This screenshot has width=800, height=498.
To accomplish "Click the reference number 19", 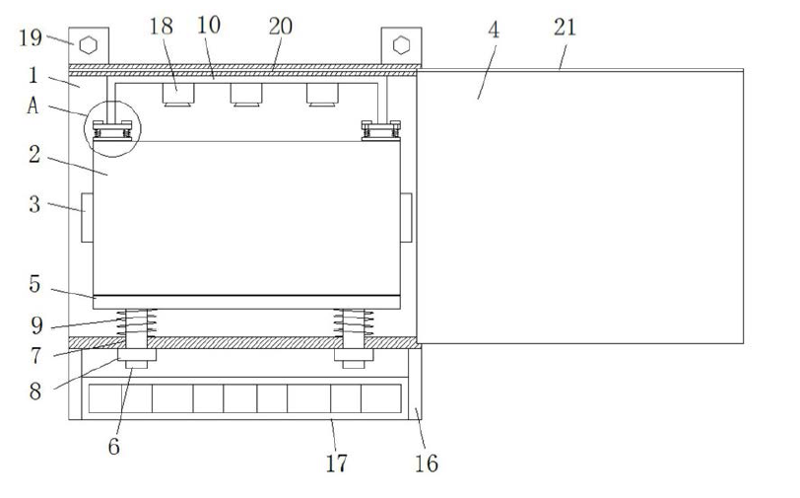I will (31, 39).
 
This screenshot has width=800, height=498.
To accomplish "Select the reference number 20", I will (280, 27).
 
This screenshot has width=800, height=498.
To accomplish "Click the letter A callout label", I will (33, 107).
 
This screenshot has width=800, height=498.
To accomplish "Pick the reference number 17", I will (337, 462).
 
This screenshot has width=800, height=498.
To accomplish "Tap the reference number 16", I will (427, 462).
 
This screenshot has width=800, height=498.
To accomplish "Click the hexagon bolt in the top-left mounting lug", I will (89, 44).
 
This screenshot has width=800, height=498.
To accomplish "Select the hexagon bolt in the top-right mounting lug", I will (401, 44).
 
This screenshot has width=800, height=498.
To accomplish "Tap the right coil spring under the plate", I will (352, 321).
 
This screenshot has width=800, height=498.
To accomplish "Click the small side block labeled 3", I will (86, 217).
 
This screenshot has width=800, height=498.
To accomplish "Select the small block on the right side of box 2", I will (406, 217).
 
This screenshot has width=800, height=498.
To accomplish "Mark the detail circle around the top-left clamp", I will (113, 129).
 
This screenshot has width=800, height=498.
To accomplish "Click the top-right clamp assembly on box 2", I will (380, 129).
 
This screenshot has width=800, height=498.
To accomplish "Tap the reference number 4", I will (494, 30).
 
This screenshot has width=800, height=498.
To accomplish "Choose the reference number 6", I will (114, 446).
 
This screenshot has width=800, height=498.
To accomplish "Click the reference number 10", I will (210, 27).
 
